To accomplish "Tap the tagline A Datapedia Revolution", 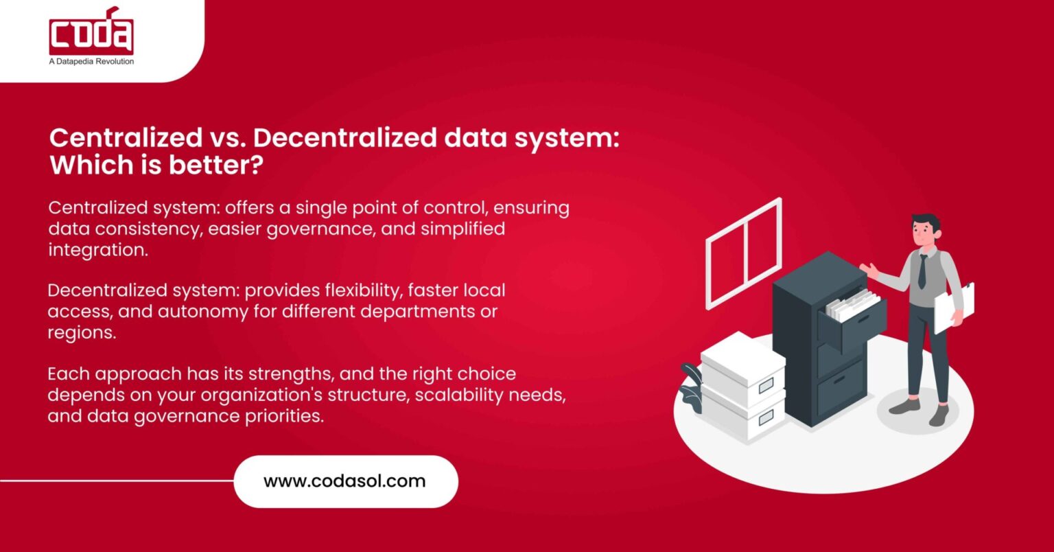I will tap(91, 62).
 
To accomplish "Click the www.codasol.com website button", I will tap(344, 481).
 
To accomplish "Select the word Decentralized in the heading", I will tap(345, 137).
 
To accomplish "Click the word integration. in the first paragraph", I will tap(98, 250).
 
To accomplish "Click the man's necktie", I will tap(922, 272).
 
